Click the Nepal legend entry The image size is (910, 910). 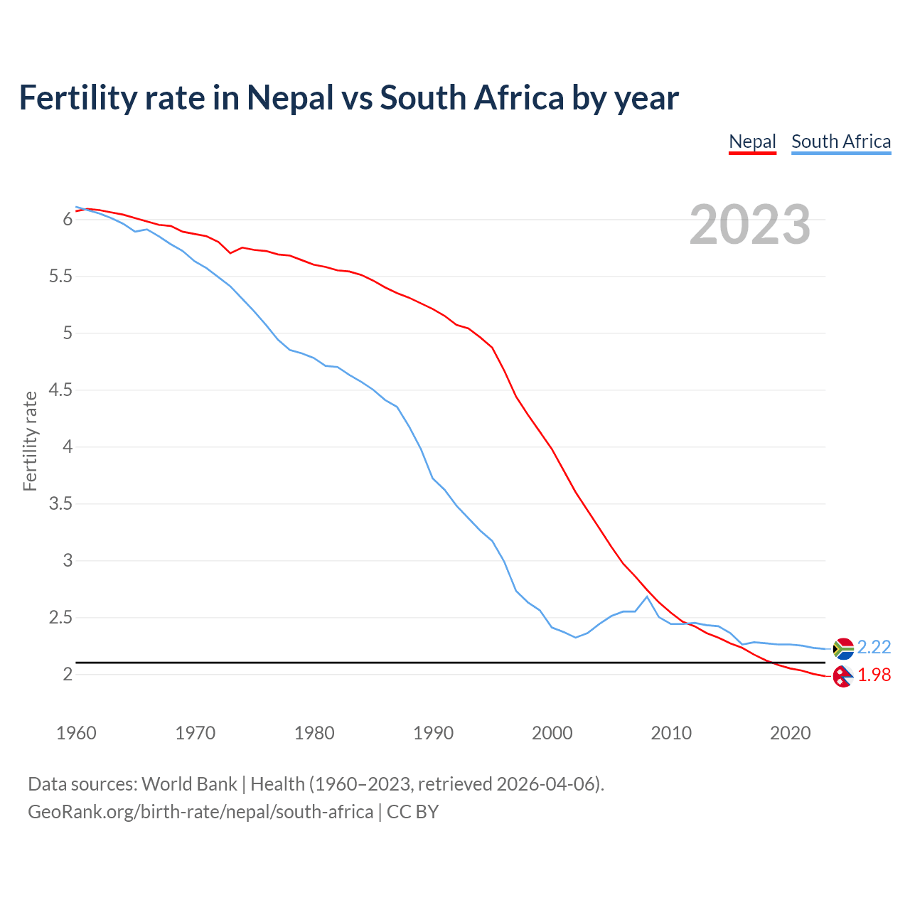coord(752,141)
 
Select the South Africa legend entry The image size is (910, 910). coord(841,141)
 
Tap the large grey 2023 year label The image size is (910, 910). coord(749,225)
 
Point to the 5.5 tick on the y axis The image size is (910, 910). coord(60,277)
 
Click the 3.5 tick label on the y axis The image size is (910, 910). coord(60,504)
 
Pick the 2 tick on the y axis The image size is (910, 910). coord(68,675)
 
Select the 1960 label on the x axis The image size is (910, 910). coord(76,733)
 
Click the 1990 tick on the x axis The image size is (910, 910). coord(433,733)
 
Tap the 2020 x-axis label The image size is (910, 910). coord(790,733)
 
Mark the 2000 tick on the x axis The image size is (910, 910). coord(552,733)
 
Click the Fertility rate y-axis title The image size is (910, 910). coord(30,441)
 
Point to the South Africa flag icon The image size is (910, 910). coord(842,648)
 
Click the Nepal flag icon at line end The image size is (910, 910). coord(842,677)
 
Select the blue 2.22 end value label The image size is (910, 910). coord(874,647)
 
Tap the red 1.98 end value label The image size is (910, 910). coord(874,675)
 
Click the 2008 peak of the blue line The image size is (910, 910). coord(646,596)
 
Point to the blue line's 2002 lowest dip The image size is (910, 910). coord(576,638)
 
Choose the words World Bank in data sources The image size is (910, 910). coord(189,784)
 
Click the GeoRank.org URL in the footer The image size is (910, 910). coord(200,812)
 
